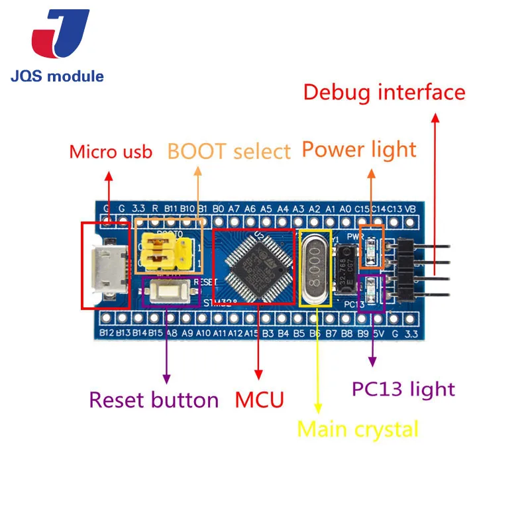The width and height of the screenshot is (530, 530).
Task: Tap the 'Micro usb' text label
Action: point(111,152)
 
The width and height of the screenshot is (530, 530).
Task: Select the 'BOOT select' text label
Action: point(229,151)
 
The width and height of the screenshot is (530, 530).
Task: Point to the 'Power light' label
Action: point(358,149)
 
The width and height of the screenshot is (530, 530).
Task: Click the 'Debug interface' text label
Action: point(384,92)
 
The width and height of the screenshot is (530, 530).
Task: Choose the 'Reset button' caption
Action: point(154,399)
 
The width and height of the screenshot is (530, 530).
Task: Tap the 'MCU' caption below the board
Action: point(259,399)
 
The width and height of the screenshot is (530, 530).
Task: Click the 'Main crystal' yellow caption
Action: point(358,429)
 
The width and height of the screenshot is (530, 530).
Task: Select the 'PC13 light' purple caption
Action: point(403,388)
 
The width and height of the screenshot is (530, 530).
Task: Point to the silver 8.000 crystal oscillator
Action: point(315,268)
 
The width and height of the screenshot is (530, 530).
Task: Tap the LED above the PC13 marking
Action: point(371,290)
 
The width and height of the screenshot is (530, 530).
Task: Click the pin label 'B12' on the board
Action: point(107,333)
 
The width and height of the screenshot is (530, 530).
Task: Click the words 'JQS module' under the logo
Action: point(58,76)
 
